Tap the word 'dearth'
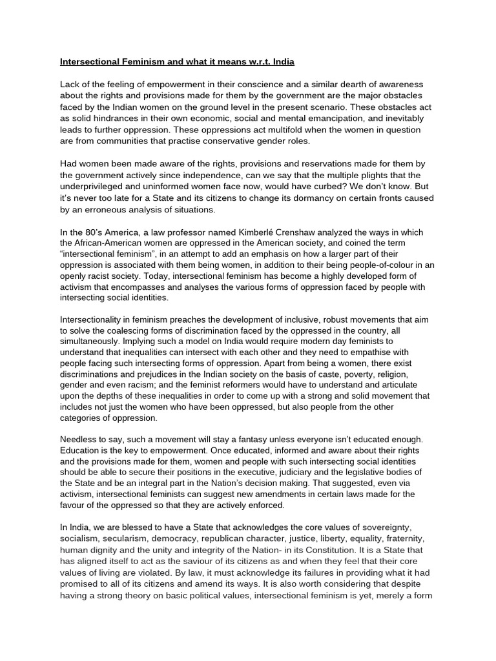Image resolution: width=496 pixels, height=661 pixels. pyautogui.click(x=350, y=85)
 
